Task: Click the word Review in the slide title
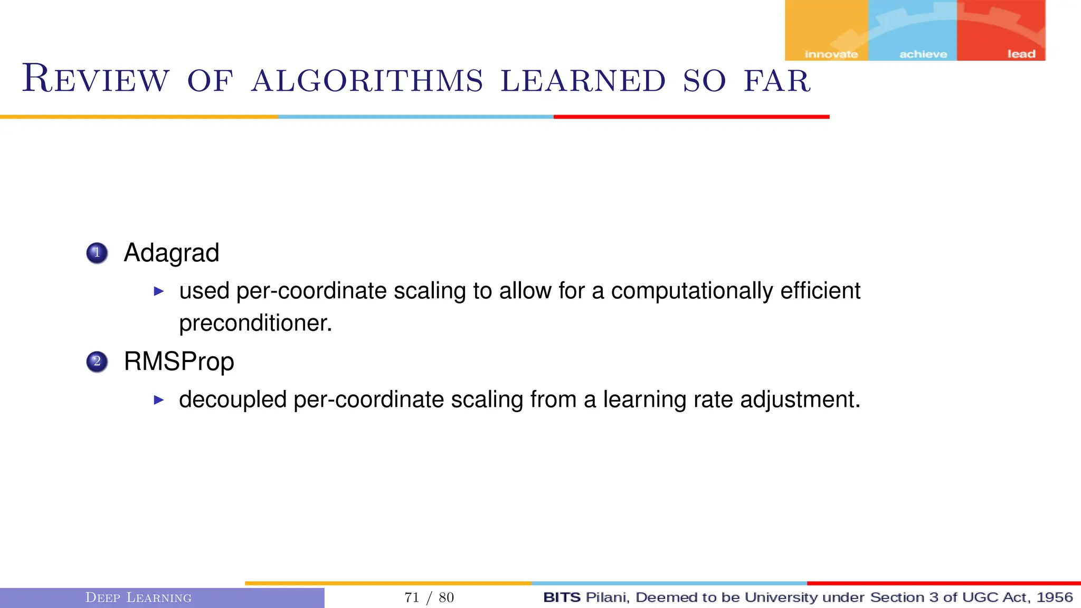(96, 79)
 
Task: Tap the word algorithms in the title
(367, 81)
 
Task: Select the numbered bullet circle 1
(97, 253)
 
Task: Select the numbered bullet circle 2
(97, 362)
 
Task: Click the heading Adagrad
(171, 253)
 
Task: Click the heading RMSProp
(179, 362)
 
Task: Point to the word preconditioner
(255, 323)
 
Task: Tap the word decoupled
(233, 400)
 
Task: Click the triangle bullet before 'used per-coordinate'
(159, 291)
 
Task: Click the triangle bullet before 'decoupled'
(159, 400)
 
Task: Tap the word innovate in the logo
(831, 54)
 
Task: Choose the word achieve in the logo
(923, 54)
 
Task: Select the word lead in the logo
(1021, 54)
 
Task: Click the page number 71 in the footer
(412, 597)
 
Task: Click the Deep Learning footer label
(138, 597)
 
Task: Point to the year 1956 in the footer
(1054, 597)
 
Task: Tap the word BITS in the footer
(562, 597)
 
